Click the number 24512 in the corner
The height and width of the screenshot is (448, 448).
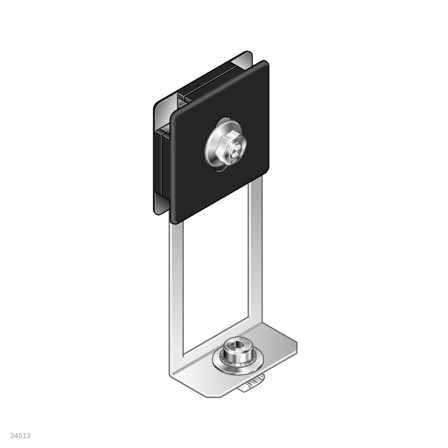pyautogui.click(x=20, y=436)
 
